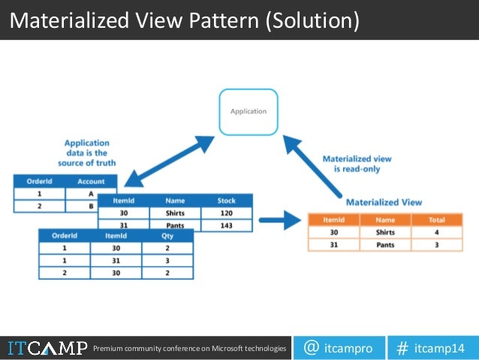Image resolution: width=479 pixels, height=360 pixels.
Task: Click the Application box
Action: pos(249,111)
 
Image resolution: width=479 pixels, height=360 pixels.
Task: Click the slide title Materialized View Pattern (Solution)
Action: pos(185,20)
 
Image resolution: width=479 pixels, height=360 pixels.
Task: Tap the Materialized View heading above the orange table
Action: pos(384,202)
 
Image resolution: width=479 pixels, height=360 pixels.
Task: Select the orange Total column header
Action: pos(436,219)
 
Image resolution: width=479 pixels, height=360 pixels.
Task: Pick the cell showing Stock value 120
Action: pos(226,213)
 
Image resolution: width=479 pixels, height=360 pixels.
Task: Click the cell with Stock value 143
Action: pos(226,225)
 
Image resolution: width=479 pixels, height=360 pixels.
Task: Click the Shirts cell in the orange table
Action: pos(385,232)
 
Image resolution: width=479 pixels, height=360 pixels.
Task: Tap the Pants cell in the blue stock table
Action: pos(176,225)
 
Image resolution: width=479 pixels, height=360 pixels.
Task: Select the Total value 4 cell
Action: pos(436,232)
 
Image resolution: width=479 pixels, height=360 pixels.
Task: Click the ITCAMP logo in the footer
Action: pos(44,348)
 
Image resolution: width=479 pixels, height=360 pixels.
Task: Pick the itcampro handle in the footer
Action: pos(338,348)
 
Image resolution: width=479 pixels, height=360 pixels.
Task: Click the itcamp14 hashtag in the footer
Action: pos(431,348)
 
